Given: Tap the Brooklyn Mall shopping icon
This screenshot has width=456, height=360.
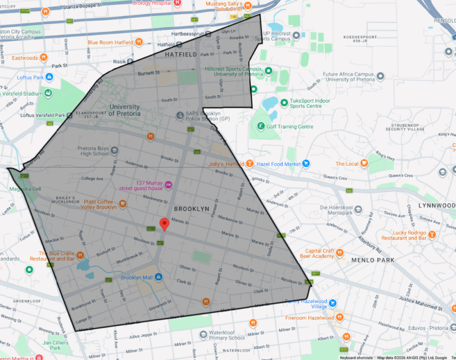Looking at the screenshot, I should (x=159, y=278).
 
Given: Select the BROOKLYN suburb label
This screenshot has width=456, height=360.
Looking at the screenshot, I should (x=191, y=209).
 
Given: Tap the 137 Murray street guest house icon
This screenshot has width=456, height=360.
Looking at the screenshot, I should (x=168, y=185).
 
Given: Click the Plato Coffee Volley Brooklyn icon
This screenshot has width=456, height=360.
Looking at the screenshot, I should (x=123, y=204).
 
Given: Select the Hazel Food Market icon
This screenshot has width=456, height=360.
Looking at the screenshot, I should (x=306, y=163).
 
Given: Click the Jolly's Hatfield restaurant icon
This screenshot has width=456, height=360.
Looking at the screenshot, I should (x=251, y=163).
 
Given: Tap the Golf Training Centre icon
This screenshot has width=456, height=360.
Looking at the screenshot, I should (x=259, y=127).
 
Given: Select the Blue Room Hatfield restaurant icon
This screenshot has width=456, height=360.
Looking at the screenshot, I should (x=138, y=42).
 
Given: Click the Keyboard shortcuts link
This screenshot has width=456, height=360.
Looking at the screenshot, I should (x=356, y=358).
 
